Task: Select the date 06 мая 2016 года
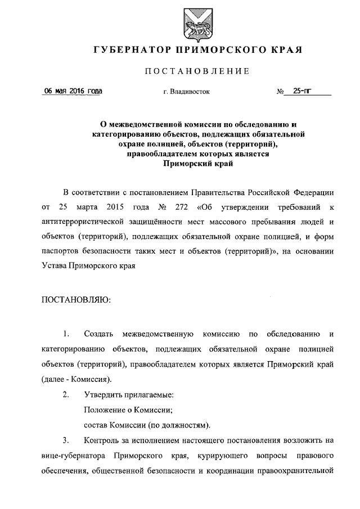point(74,91)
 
